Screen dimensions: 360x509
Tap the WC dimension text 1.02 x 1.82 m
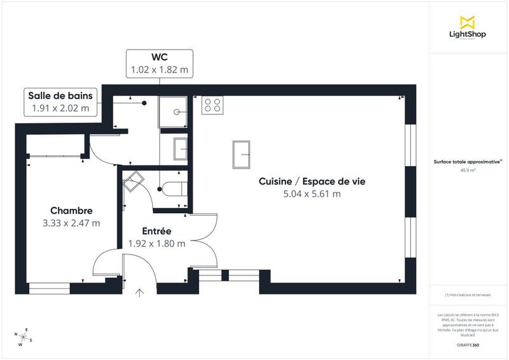(159, 68)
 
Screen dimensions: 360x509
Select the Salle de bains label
(60, 95)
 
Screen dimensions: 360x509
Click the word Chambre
(71, 211)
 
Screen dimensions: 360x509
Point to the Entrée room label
(157, 231)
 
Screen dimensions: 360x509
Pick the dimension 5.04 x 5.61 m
(312, 194)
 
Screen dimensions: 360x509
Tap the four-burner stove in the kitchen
(212, 106)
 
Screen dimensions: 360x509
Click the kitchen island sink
(242, 154)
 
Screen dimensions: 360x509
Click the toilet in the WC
(173, 188)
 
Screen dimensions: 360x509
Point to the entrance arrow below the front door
(139, 293)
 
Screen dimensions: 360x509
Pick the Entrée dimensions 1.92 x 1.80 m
(157, 243)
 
